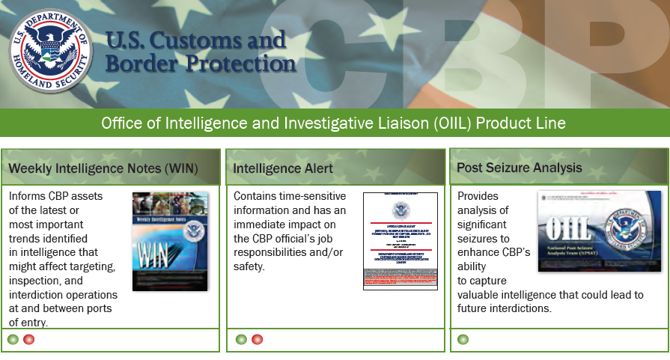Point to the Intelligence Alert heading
(x=283, y=168)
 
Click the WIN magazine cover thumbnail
(x=170, y=242)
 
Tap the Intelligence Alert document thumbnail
(x=400, y=241)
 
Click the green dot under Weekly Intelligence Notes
(x=13, y=339)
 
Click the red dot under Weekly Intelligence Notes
(x=29, y=339)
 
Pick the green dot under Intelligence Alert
(x=241, y=339)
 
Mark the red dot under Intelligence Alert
(x=258, y=339)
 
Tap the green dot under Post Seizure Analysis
(x=463, y=339)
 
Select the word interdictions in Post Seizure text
(x=517, y=308)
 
